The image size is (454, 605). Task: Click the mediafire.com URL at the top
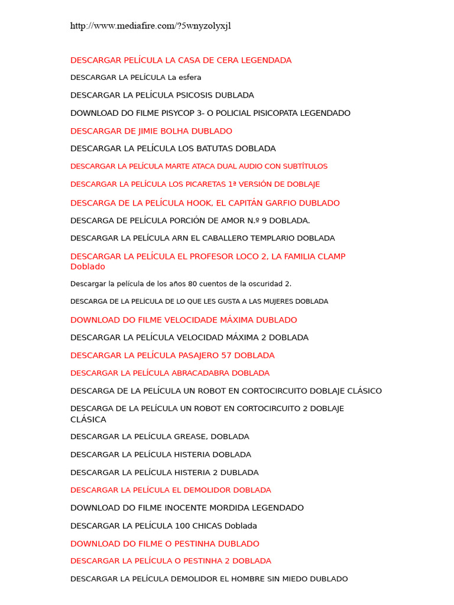pos(150,26)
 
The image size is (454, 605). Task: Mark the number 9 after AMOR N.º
pos(264,221)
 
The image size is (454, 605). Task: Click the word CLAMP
pos(332,256)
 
